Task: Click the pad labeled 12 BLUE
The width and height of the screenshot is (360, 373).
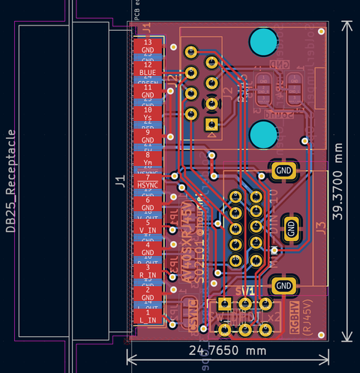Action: coord(148,69)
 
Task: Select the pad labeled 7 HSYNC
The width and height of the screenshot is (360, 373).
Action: coord(148,181)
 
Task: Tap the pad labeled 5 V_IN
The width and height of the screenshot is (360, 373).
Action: coord(148,226)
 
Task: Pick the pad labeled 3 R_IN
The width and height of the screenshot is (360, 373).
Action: coord(148,271)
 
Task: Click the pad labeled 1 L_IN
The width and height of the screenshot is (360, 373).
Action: coord(148,316)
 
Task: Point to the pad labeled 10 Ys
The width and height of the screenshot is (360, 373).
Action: coord(148,114)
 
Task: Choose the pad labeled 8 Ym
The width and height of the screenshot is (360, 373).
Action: coord(148,159)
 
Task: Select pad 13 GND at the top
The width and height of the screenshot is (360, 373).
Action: coord(148,47)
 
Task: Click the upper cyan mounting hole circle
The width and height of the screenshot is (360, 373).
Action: coord(263,42)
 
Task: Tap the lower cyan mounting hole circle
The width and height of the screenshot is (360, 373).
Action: coord(263,135)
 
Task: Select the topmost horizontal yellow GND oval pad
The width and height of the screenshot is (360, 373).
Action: coord(283,170)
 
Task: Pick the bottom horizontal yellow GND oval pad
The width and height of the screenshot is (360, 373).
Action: coord(283,286)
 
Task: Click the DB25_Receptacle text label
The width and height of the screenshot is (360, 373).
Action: coord(11,180)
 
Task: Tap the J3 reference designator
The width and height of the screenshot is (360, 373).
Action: coord(322,228)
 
